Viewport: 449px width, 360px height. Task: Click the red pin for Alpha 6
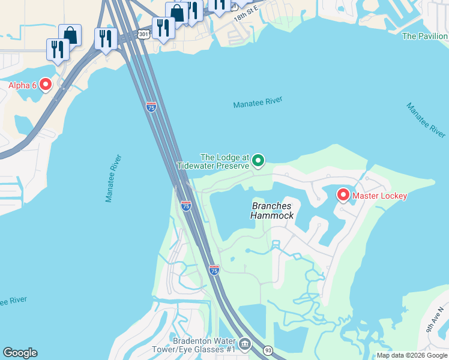46,85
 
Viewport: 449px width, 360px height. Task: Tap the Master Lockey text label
379,196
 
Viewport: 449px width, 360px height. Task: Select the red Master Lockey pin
343,195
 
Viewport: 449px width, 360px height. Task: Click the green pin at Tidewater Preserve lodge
258,160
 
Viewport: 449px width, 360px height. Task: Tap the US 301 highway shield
143,34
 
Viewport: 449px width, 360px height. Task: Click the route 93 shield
267,350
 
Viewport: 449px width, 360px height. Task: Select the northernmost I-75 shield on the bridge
151,107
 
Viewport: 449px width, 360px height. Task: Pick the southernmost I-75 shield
214,270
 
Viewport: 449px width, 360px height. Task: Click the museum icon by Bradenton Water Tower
245,344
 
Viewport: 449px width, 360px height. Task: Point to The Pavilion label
425,36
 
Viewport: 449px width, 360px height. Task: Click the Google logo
20,353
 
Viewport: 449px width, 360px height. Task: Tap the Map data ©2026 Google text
412,355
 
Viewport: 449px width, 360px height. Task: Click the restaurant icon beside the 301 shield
163,27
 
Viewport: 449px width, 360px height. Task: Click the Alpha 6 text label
22,85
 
